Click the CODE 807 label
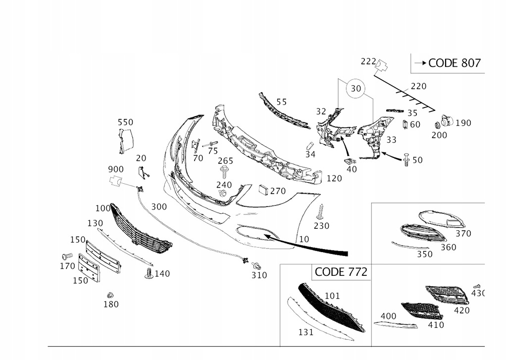point(454,63)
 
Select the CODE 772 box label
point(341,271)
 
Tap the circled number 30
point(356,89)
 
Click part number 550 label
point(125,122)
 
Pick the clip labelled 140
point(149,273)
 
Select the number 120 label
point(334,178)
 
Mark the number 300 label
point(159,206)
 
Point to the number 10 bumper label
point(304,239)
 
